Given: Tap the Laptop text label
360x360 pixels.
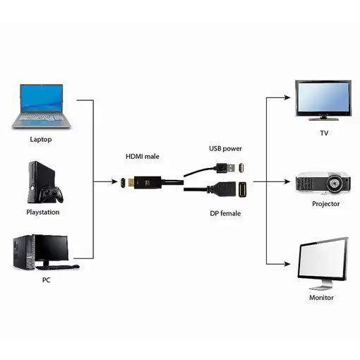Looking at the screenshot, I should [41, 139].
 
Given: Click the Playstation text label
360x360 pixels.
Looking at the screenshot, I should [43, 212].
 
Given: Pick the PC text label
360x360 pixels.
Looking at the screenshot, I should [46, 280].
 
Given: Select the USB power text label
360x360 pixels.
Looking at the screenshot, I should [226, 148].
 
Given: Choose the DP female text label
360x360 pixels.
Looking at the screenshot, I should [226, 212].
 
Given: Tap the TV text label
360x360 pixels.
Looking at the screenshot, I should [324, 133].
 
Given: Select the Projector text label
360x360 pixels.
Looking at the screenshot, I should [325, 204].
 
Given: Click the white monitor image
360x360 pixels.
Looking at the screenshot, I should [323, 261].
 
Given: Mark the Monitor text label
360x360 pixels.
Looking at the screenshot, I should [321, 297].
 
